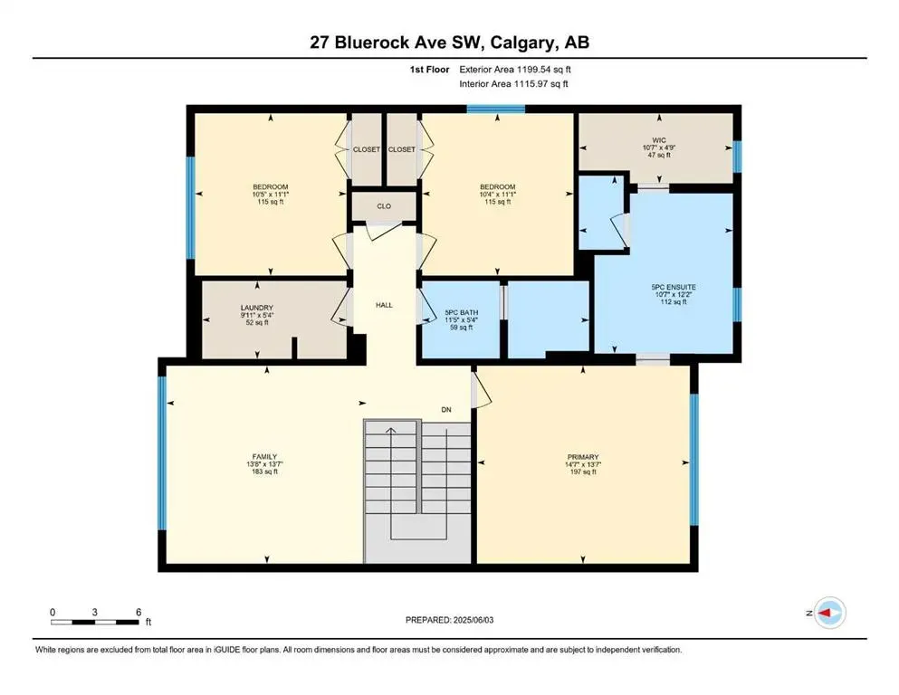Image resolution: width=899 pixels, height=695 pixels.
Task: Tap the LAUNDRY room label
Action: tap(257, 308)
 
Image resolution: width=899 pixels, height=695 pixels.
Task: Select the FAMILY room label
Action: tap(264, 456)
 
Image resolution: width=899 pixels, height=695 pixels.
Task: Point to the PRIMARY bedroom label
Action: tap(583, 456)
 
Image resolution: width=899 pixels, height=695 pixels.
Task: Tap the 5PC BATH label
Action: tap(460, 315)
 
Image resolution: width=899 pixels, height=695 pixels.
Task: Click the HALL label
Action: tap(384, 305)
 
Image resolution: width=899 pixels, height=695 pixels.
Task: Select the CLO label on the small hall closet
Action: tap(384, 206)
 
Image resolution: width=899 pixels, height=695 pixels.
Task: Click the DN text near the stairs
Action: tap(446, 409)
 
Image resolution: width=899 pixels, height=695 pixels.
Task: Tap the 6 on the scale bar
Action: tap(138, 613)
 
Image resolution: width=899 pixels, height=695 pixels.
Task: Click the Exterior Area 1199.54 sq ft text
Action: tap(515, 68)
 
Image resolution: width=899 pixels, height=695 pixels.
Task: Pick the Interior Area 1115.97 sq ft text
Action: tap(514, 84)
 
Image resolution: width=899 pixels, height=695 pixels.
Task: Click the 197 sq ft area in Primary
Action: tap(583, 472)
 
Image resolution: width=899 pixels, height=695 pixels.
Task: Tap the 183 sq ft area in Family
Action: tap(264, 472)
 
